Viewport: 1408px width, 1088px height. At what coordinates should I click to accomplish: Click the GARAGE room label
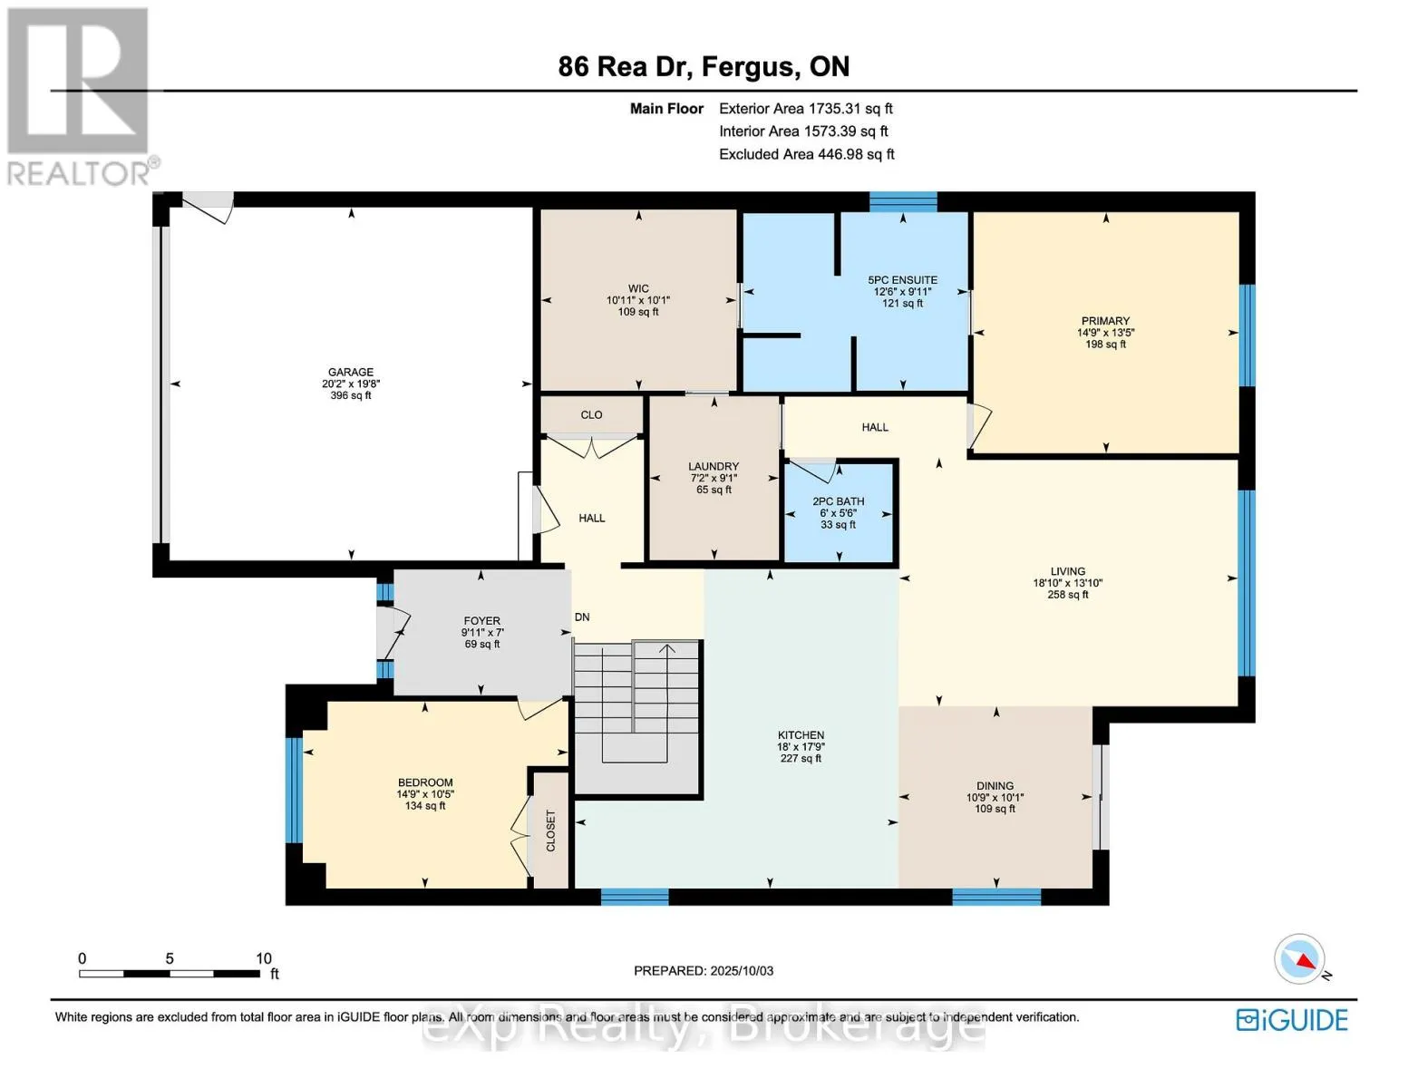tap(351, 372)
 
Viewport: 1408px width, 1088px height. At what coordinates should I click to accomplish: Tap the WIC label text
tap(638, 288)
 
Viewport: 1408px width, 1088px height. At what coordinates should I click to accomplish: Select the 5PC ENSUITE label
tap(903, 280)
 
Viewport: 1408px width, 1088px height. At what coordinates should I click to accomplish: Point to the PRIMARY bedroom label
tap(1105, 321)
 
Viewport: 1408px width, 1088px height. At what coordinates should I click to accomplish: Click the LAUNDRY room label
tap(714, 466)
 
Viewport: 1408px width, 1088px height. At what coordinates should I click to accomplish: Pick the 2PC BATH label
tap(839, 500)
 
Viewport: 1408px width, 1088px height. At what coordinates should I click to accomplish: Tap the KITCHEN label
tap(801, 734)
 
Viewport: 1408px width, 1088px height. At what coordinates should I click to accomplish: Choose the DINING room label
tap(995, 785)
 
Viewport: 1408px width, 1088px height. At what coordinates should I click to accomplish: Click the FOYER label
tap(481, 621)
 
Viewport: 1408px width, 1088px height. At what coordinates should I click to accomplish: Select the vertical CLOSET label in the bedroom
tap(550, 831)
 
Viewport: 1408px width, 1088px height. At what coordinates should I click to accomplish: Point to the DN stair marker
tap(582, 617)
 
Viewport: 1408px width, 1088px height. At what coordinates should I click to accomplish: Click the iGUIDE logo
tap(1292, 1020)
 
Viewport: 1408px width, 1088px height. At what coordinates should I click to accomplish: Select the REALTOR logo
tap(81, 97)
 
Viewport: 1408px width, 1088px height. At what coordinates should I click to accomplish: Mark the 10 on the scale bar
tap(264, 958)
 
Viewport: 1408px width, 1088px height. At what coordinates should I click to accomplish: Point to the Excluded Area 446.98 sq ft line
tap(807, 154)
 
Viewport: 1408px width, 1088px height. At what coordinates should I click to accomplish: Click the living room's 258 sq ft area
tap(1068, 594)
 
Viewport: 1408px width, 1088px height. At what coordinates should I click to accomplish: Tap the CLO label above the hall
tap(591, 414)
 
